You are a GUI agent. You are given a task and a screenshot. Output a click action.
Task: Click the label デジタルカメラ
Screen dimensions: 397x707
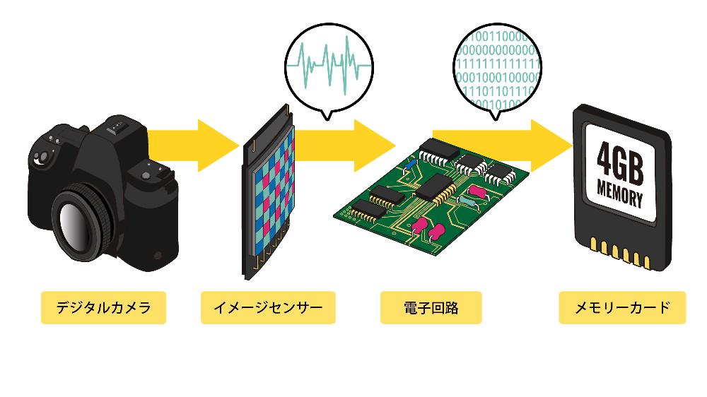[103, 308]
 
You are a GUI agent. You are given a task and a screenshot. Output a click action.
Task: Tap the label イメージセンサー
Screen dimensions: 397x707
[267, 308]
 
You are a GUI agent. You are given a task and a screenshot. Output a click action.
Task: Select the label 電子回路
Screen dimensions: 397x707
[430, 308]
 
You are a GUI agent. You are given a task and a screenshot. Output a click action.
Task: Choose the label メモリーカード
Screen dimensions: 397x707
[622, 308]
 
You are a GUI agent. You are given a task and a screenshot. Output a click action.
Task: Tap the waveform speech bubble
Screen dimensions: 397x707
[329, 63]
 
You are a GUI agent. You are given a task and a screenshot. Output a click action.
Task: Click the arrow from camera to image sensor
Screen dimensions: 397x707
[194, 146]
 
